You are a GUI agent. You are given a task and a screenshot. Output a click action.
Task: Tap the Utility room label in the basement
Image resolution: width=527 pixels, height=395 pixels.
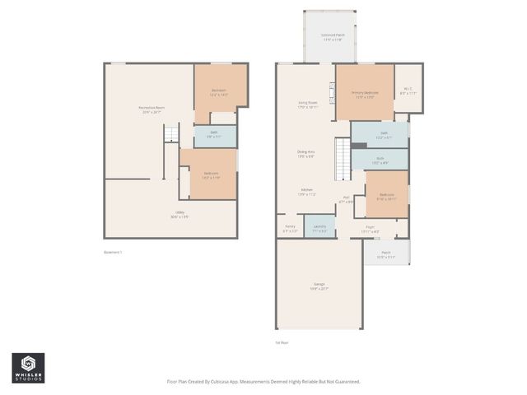coord(178,213)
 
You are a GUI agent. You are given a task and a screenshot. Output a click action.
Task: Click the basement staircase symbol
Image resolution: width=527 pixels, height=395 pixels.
coord(170,135)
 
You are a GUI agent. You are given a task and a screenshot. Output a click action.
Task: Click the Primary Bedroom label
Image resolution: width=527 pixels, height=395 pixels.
coord(365,94)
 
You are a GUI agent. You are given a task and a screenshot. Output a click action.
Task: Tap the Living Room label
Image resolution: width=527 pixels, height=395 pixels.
coord(308,104)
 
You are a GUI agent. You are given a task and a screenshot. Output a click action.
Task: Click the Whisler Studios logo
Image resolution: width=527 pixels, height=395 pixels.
coord(28,368)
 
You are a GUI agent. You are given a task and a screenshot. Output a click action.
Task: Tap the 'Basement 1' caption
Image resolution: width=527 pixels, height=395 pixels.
coord(114,252)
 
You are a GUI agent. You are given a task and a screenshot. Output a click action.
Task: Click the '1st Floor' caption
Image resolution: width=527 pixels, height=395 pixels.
coord(282,342)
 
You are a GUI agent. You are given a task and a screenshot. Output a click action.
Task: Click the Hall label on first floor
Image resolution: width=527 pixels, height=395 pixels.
coord(347,197)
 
